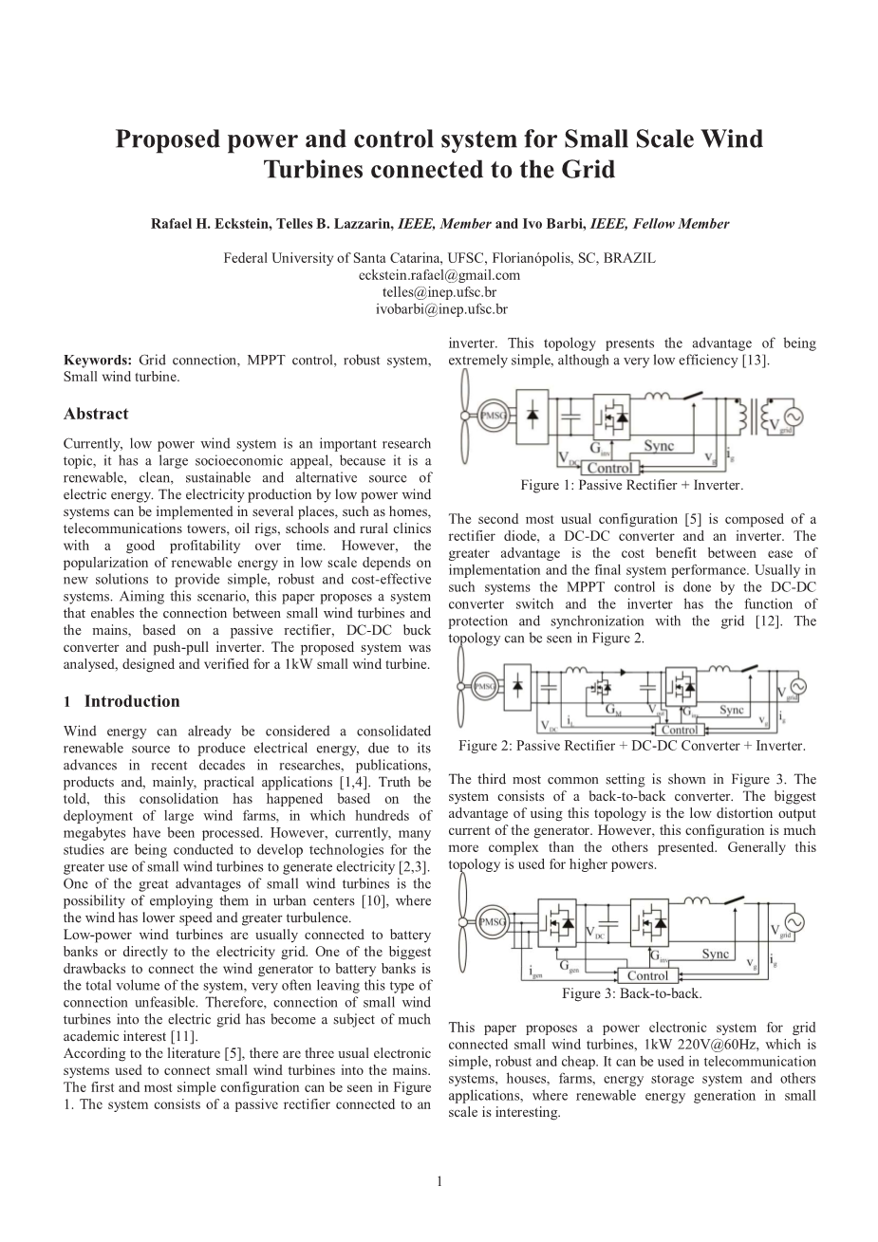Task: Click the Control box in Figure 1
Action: (609, 468)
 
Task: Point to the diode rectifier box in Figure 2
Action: (519, 685)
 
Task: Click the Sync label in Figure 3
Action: (716, 954)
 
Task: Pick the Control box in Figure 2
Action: (679, 730)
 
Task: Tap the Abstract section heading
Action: (96, 414)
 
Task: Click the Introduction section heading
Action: (131, 701)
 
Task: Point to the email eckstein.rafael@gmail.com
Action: (439, 275)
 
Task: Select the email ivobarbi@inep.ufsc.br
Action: (439, 309)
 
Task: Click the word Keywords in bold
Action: (98, 361)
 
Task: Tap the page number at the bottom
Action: (439, 1181)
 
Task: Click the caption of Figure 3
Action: (631, 993)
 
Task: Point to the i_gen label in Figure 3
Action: (534, 973)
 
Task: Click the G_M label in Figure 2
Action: (614, 709)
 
